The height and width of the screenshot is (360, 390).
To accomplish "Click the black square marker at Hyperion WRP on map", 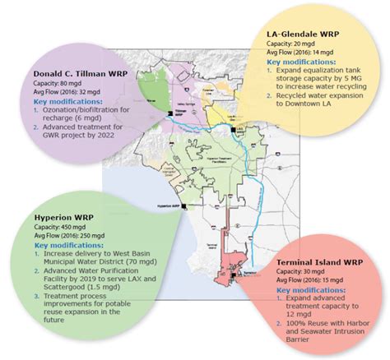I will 182,207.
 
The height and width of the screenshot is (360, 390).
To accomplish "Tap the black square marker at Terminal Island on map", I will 234,279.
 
